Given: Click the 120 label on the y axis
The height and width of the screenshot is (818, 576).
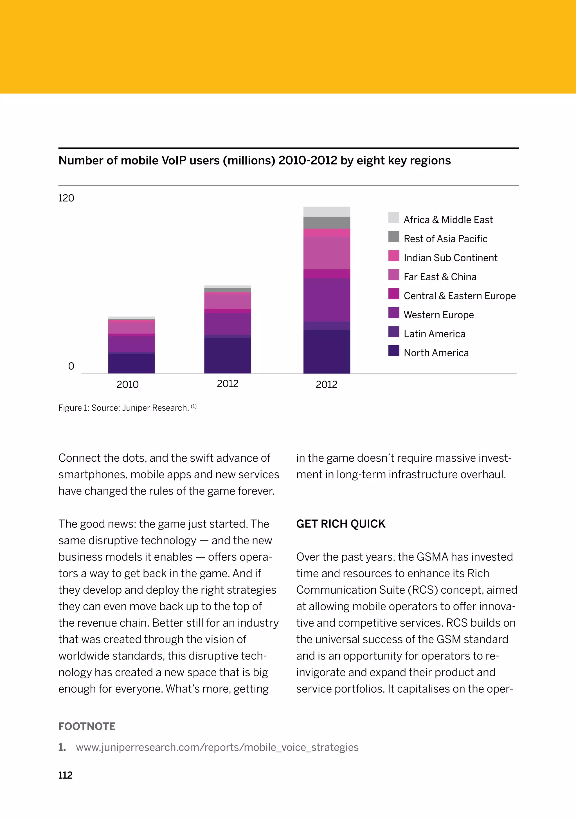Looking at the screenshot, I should click(66, 198).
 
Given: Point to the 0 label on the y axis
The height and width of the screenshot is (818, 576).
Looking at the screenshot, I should click(71, 366).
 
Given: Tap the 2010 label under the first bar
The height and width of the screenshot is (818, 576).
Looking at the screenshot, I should click(127, 385).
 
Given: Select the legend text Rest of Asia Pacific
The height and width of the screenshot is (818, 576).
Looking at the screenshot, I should click(445, 239).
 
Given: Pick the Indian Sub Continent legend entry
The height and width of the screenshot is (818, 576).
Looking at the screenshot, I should click(450, 258).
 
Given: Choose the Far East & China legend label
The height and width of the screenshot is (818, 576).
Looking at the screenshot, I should click(440, 277).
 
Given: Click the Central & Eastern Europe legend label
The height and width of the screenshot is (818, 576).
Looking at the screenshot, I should click(459, 296).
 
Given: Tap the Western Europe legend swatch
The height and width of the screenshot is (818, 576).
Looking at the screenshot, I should click(394, 313).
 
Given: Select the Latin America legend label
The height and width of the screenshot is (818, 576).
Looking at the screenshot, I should click(434, 334).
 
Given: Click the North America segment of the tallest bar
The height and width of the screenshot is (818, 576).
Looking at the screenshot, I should click(327, 351).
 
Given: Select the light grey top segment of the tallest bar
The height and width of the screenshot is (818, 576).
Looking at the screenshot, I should click(327, 212).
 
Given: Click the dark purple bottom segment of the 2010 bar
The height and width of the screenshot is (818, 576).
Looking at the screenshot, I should click(131, 363).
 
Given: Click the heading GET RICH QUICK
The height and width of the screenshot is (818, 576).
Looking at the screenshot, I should click(341, 524).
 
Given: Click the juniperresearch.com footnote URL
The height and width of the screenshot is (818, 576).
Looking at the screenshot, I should click(217, 747).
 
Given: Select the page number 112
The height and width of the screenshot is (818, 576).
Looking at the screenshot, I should click(66, 775).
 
